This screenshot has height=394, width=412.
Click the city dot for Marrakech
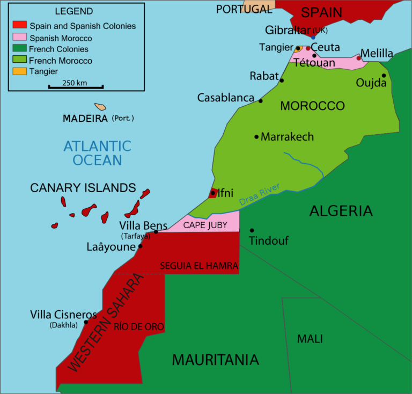[x=256, y=136]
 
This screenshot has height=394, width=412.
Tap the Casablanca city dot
[x=261, y=100]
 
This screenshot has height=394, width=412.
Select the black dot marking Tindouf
[x=252, y=230]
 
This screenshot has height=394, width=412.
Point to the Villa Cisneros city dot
[x=86, y=322]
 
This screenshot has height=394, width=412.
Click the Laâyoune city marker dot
[x=141, y=246]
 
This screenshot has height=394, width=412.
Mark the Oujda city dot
[x=384, y=76]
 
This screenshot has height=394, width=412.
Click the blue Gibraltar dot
[x=313, y=37]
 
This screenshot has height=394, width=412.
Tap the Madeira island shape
[x=100, y=107]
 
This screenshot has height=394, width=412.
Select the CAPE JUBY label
[x=205, y=225]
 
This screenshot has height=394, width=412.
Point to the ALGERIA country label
[x=341, y=211]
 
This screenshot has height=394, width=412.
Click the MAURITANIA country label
[x=215, y=360]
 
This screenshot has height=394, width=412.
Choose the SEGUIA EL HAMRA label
[x=199, y=266]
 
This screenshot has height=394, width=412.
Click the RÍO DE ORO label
[x=138, y=326]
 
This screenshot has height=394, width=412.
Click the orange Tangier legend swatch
[x=19, y=71]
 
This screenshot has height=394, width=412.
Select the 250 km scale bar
[x=76, y=86]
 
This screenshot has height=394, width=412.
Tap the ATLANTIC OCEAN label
[x=97, y=152]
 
